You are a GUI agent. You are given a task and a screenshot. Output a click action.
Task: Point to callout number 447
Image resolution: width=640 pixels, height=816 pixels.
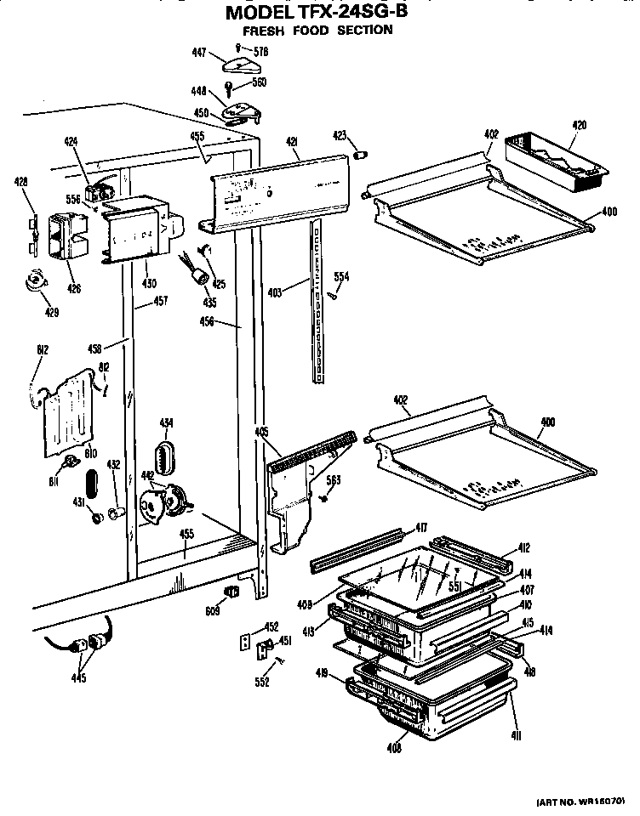pyautogui.click(x=199, y=53)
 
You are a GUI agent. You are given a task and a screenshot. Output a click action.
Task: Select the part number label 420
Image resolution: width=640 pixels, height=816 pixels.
pyautogui.click(x=579, y=125)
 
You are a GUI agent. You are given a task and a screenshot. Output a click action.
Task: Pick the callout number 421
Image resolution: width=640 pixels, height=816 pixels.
pyautogui.click(x=291, y=142)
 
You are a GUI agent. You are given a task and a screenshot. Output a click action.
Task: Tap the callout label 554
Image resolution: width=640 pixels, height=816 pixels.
pyautogui.click(x=341, y=277)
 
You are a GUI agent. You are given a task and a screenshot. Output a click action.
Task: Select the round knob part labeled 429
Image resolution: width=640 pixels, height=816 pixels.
pyautogui.click(x=35, y=281)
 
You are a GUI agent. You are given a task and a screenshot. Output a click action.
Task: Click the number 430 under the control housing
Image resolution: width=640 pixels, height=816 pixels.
pyautogui.click(x=149, y=283)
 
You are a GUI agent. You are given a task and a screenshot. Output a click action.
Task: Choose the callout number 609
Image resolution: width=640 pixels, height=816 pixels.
pyautogui.click(x=213, y=609)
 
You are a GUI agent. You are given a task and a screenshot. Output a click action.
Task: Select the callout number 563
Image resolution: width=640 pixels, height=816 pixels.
pyautogui.click(x=334, y=480)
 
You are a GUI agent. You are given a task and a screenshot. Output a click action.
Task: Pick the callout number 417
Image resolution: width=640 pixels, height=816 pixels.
pyautogui.click(x=420, y=528)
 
